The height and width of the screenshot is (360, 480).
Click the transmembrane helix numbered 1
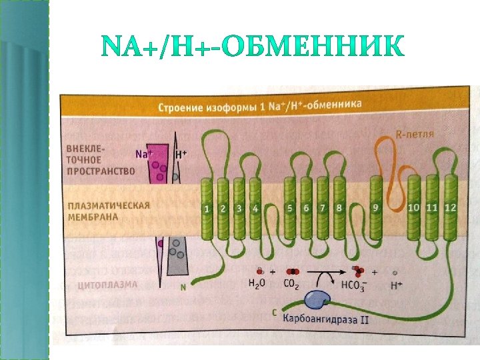(x=207, y=209)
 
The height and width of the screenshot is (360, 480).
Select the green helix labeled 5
(x=290, y=208)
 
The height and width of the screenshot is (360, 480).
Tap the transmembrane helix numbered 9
(x=376, y=208)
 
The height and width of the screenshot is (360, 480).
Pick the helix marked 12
(x=451, y=207)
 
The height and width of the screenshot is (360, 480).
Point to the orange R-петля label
(x=415, y=133)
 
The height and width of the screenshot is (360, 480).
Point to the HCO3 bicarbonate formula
(x=353, y=286)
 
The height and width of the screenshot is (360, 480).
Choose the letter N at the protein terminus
(x=183, y=289)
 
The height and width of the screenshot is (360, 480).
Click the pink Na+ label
(x=143, y=154)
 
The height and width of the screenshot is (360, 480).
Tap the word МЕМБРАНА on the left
(x=92, y=217)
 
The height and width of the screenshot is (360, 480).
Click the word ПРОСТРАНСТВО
(x=101, y=171)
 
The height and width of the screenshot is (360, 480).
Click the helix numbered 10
(x=415, y=207)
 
